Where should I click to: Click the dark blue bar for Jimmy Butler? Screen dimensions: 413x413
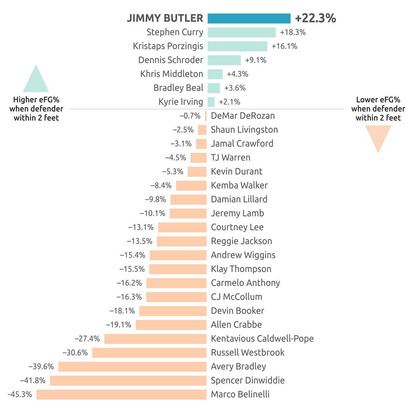[249, 18]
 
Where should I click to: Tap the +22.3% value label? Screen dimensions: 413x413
[315, 18]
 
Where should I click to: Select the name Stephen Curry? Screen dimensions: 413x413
[175, 33]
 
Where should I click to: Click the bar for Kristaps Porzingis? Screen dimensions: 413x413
[237, 46]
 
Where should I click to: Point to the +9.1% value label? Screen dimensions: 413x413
[255, 60]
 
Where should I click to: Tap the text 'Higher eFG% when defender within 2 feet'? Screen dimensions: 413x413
[36, 109]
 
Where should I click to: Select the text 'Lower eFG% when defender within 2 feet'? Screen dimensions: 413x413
[378, 109]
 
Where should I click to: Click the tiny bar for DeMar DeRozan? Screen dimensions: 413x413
[206, 116]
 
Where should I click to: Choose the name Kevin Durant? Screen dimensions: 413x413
[237, 171]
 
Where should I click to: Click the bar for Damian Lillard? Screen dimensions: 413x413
[189, 199]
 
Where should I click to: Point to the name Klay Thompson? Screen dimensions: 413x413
[241, 269]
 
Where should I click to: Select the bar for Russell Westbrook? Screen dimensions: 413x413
[150, 353]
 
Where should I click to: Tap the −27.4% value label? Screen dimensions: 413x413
[88, 338]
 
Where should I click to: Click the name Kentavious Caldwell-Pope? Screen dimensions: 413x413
[262, 338]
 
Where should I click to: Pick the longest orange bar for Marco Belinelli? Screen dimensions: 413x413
[122, 394]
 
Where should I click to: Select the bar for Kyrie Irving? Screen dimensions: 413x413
[211, 102]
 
